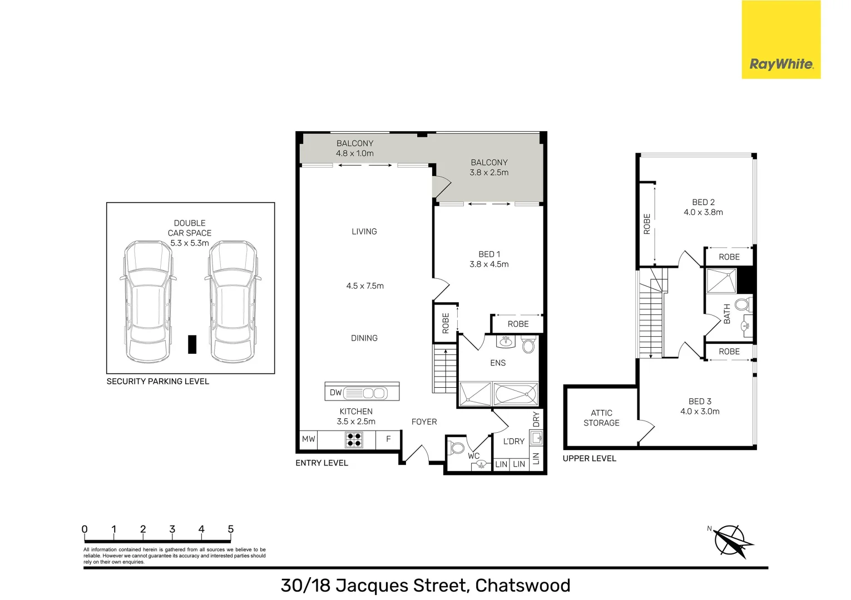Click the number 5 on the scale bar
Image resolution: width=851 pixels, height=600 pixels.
pyautogui.click(x=230, y=529)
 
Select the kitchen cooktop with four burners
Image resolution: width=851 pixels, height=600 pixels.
pyautogui.click(x=354, y=439)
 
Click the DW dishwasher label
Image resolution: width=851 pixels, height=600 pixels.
pyautogui.click(x=335, y=392)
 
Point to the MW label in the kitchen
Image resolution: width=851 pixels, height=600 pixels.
pyautogui.click(x=308, y=439)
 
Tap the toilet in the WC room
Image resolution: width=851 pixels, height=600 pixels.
pyautogui.click(x=457, y=448)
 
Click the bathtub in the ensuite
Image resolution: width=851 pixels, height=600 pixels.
pyautogui.click(x=516, y=394)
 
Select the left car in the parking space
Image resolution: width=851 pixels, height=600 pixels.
pyautogui.click(x=146, y=300)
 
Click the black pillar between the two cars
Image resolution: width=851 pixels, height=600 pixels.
pyautogui.click(x=192, y=344)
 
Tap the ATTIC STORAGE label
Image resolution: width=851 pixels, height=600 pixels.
pyautogui.click(x=601, y=418)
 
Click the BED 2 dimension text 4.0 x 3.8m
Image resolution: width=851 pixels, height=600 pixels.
pyautogui.click(x=703, y=212)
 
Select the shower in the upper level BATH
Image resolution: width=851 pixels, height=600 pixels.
pyautogui.click(x=721, y=281)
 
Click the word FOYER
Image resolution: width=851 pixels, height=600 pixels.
pyautogui.click(x=424, y=422)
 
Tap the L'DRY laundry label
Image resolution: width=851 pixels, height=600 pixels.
pyautogui.click(x=513, y=441)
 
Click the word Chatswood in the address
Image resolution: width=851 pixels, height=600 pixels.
pyautogui.click(x=522, y=586)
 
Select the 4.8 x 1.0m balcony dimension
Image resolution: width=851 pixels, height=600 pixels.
pyautogui.click(x=355, y=153)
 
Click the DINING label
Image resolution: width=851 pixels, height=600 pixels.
pyautogui.click(x=364, y=338)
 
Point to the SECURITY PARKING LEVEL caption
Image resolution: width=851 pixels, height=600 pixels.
pyautogui.click(x=158, y=381)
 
